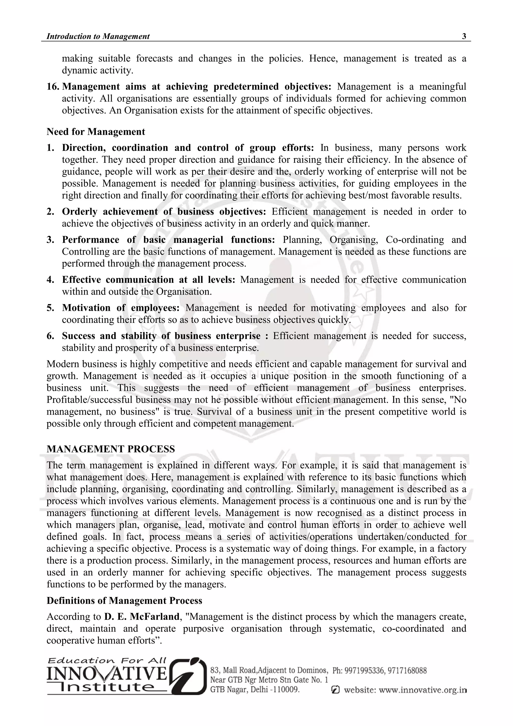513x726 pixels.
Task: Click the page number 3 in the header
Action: (464, 36)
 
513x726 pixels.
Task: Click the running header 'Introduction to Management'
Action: (98, 36)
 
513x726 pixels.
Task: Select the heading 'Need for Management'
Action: (96, 132)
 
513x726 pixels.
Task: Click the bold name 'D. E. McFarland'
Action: (142, 617)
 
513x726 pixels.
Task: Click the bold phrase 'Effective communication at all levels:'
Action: (149, 280)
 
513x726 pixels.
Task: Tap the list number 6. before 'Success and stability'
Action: (50, 336)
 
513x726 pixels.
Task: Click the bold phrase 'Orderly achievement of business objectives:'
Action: (164, 211)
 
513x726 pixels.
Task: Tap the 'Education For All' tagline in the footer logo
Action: (107, 661)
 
